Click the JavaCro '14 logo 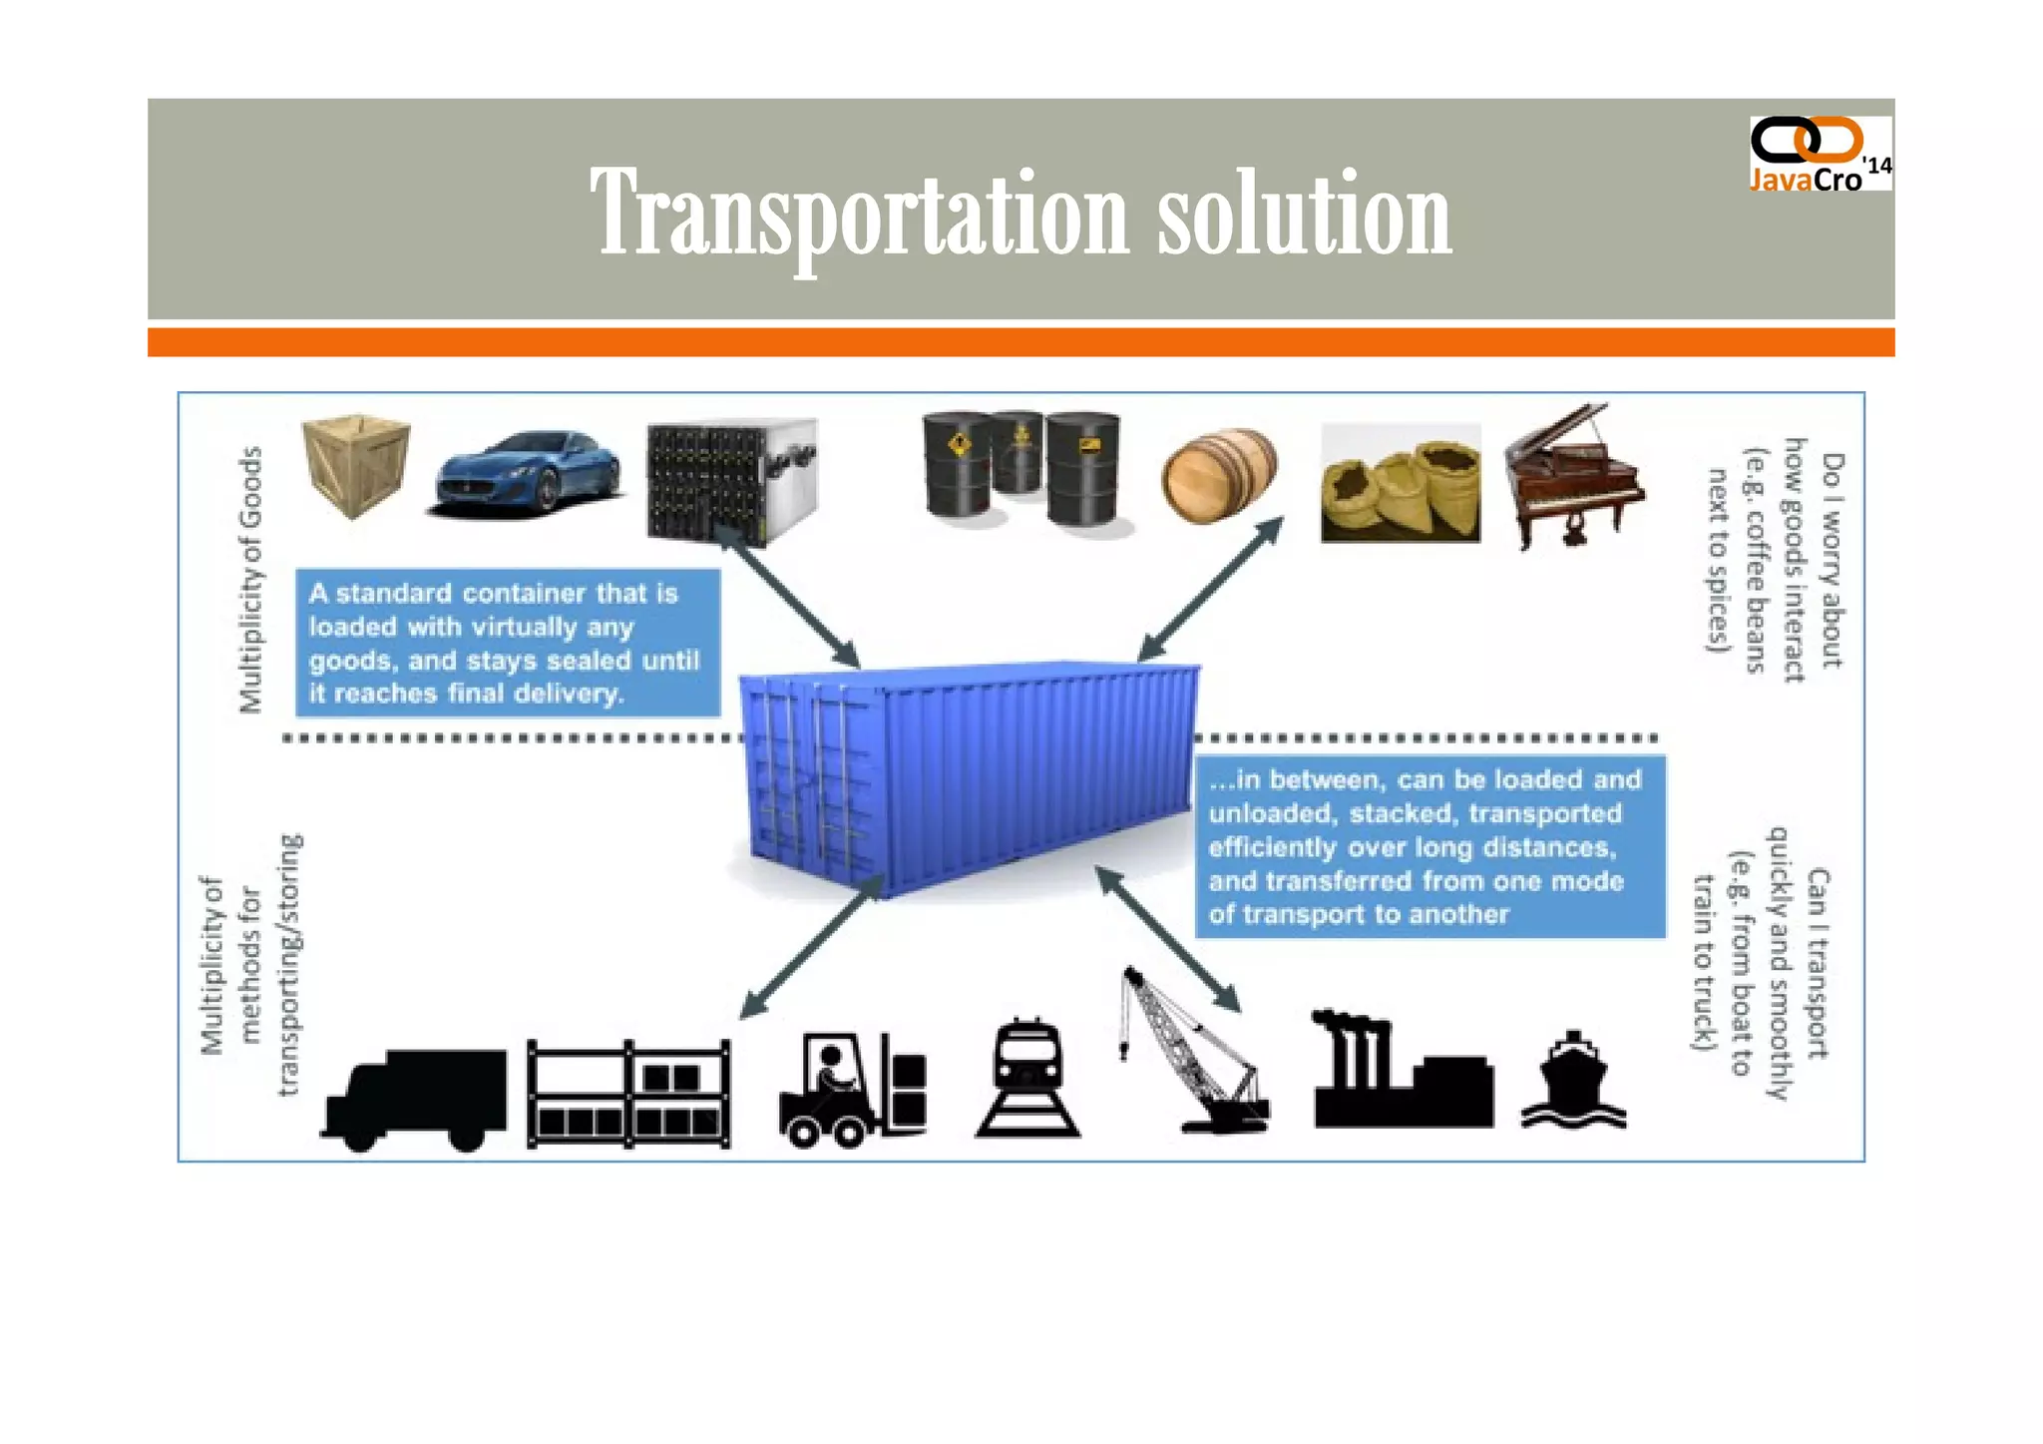pos(1820,155)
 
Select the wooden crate pos(356,464)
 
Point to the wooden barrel pos(1219,475)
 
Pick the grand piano pos(1572,477)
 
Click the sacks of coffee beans pos(1400,485)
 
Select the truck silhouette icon pos(414,1099)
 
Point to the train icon pos(1027,1078)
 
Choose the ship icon pos(1573,1082)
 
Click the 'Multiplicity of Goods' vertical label pos(250,580)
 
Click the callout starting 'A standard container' pos(507,643)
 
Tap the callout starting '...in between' pos(1430,846)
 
